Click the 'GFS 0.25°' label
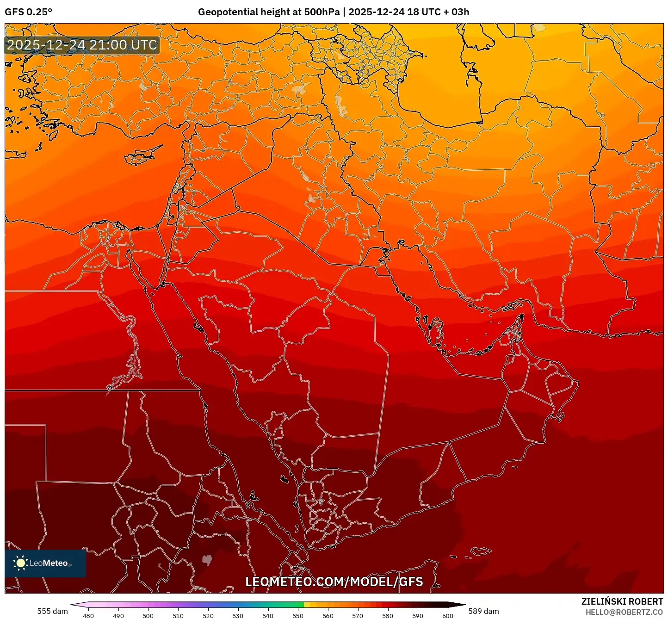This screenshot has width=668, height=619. (28, 12)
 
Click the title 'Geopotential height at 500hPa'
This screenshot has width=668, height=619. (269, 12)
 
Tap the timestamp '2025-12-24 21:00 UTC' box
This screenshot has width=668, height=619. (82, 45)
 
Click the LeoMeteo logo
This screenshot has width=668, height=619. (45, 563)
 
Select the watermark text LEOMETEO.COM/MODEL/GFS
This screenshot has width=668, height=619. (334, 582)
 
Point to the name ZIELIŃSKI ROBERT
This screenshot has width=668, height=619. (622, 601)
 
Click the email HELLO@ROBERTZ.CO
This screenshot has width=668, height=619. (624, 612)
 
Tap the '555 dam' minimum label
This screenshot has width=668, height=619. (52, 611)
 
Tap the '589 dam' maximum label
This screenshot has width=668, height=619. (483, 611)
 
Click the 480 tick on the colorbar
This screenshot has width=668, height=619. (88, 615)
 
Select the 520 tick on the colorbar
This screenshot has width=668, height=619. (208, 615)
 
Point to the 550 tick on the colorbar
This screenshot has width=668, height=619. (298, 615)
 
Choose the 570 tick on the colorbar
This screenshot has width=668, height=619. (358, 615)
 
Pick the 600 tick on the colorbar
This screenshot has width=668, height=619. (447, 615)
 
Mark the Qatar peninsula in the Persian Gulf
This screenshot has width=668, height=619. (436, 329)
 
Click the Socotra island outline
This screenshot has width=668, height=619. (481, 551)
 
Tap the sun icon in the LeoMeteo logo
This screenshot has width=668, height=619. (20, 563)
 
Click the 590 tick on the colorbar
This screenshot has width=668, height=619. (418, 615)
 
